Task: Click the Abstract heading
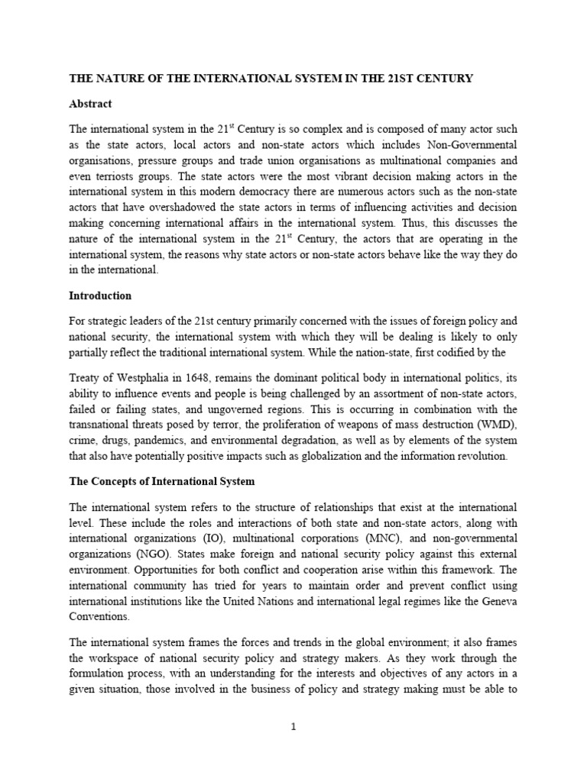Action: click(x=91, y=104)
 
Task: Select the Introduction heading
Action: click(x=101, y=296)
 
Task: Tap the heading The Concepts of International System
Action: click(x=162, y=482)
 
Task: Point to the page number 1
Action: click(x=293, y=727)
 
